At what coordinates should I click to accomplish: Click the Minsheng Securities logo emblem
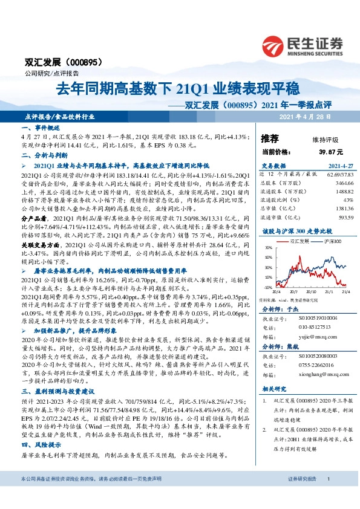274,44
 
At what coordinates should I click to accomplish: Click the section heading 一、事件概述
41,129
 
